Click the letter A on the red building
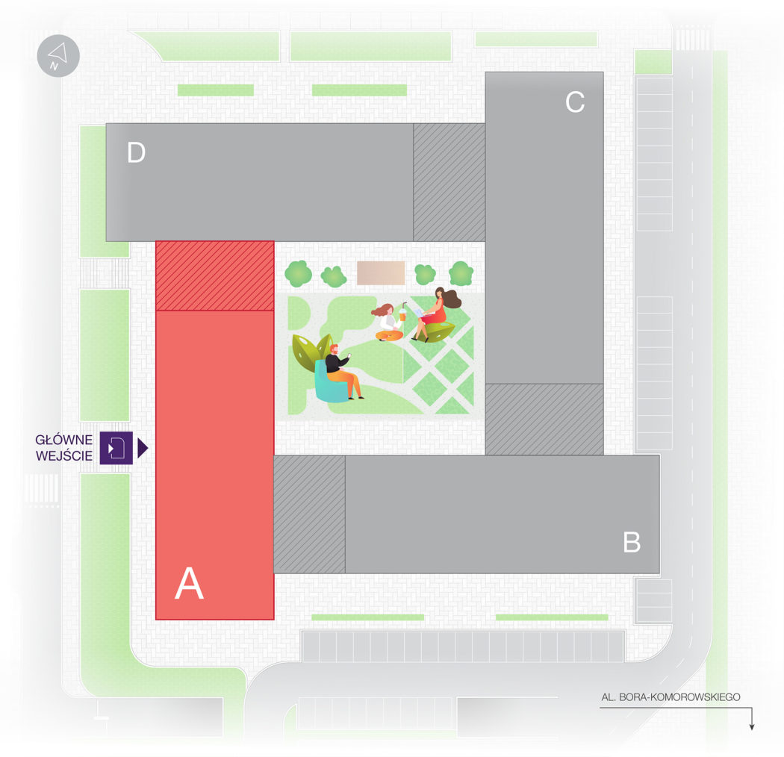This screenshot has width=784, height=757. coord(189,583)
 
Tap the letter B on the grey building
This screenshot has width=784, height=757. coord(632,542)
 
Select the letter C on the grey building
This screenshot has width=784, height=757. coord(575,102)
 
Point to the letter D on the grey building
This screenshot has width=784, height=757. coord(136,152)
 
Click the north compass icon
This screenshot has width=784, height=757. coord(58,55)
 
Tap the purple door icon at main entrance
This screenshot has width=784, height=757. coord(116,447)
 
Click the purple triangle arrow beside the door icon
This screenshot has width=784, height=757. coord(143,448)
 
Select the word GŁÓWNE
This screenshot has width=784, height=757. coord(64,440)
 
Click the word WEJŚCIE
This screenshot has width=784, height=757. coord(64,456)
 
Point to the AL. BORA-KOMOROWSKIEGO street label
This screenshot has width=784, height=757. coord(671,697)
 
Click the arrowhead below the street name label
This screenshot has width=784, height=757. coord(751,726)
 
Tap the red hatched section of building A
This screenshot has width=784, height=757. coord(215,276)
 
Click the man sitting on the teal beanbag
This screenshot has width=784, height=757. coord(343,371)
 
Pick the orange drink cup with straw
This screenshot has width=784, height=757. coord(402,312)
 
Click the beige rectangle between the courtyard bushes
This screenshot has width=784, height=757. coord(381,272)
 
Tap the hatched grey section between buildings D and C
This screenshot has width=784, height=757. coord(449,182)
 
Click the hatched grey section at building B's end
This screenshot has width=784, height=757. coord(310,514)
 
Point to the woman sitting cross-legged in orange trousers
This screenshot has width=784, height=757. coord(388,323)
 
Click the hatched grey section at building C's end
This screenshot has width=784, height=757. coord(544,420)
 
